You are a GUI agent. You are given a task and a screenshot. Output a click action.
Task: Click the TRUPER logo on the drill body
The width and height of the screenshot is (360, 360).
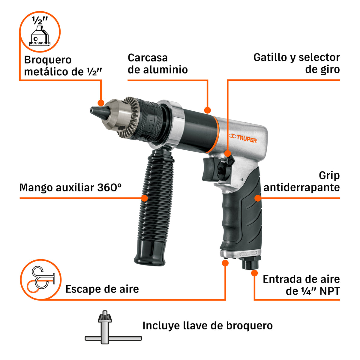click(243, 138)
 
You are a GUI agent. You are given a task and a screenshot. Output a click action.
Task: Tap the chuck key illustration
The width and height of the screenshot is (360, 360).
click(113, 327)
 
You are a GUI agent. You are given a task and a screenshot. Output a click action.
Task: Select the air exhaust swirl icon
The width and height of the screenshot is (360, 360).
click(41, 280)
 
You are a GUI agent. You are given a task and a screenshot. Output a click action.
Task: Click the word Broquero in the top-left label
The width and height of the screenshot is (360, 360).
click(48, 60)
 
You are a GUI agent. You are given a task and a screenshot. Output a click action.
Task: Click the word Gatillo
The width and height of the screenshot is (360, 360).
click(270, 58)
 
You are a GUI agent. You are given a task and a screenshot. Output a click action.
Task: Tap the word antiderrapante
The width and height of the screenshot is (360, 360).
click(301, 188)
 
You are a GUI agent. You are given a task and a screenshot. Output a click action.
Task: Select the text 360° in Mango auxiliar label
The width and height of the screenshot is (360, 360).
click(109, 187)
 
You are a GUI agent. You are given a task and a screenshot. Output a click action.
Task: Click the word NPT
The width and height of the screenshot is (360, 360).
click(329, 291)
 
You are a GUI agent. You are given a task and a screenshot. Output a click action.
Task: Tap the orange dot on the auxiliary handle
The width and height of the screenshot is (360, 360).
click(144, 198)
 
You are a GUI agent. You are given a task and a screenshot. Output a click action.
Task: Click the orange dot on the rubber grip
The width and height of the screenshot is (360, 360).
click(258, 198)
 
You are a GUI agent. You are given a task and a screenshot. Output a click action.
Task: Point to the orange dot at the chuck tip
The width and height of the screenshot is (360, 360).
click(101, 103)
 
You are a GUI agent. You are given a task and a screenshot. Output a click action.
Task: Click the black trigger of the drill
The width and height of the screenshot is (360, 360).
click(209, 169)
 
